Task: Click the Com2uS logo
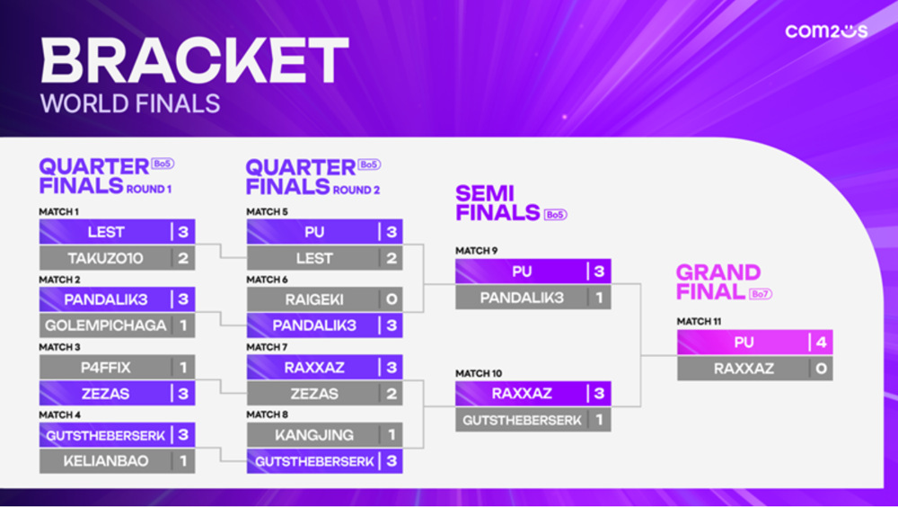pyautogui.click(x=826, y=31)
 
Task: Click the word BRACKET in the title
pyautogui.click(x=195, y=60)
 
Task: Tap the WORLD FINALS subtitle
pyautogui.click(x=130, y=103)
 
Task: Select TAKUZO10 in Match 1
pyautogui.click(x=105, y=258)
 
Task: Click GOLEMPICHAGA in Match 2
pyautogui.click(x=105, y=325)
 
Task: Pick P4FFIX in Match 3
pyautogui.click(x=105, y=367)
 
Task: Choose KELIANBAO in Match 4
pyautogui.click(x=105, y=460)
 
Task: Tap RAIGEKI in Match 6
pyautogui.click(x=313, y=299)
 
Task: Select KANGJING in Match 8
pyautogui.click(x=313, y=435)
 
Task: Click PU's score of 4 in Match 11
pyautogui.click(x=822, y=342)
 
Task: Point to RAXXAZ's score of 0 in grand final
pyautogui.click(x=822, y=369)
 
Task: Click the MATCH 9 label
pyautogui.click(x=477, y=251)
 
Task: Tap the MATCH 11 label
pyautogui.click(x=699, y=321)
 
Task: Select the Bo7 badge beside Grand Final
pyautogui.click(x=761, y=294)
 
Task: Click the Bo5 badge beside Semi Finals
pyautogui.click(x=555, y=215)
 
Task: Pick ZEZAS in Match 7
pyautogui.click(x=313, y=394)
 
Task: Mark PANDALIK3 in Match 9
pyautogui.click(x=522, y=298)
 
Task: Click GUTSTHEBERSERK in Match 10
pyautogui.click(x=522, y=420)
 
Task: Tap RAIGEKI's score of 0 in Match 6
pyautogui.click(x=392, y=299)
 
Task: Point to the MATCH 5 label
pyautogui.click(x=267, y=211)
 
